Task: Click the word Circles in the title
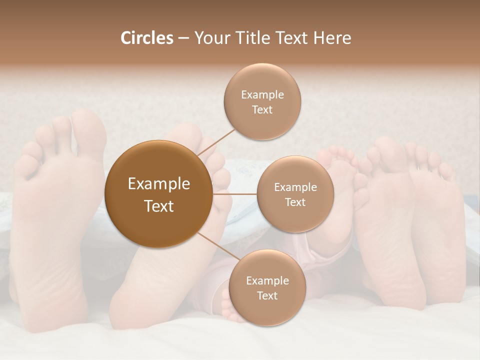(x=146, y=38)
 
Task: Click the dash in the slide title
(x=183, y=38)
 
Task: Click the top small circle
(x=262, y=102)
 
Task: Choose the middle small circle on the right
(x=295, y=194)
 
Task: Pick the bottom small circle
(x=267, y=287)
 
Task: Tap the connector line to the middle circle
(x=235, y=193)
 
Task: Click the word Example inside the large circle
(x=158, y=184)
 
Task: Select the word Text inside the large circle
(x=158, y=206)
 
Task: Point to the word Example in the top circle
(x=262, y=94)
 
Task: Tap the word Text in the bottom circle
(x=267, y=295)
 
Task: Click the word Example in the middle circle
(x=295, y=187)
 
